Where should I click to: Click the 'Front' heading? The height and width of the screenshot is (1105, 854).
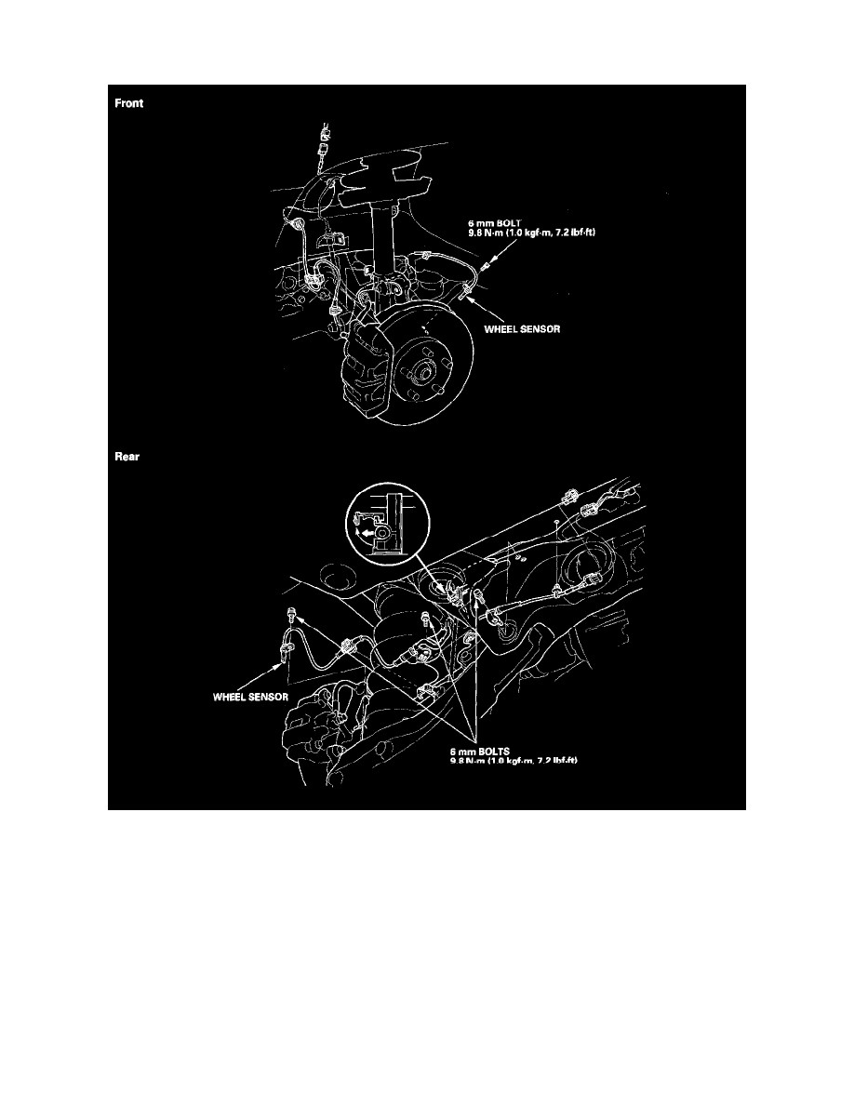[x=129, y=103]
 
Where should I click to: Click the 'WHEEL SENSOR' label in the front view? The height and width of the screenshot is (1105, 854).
[x=522, y=326]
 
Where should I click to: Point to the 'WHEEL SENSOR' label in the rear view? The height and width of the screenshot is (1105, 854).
[x=248, y=695]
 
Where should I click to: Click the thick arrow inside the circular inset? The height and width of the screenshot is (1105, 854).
[x=374, y=534]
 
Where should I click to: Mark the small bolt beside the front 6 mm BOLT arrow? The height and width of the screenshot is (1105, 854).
[x=482, y=270]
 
